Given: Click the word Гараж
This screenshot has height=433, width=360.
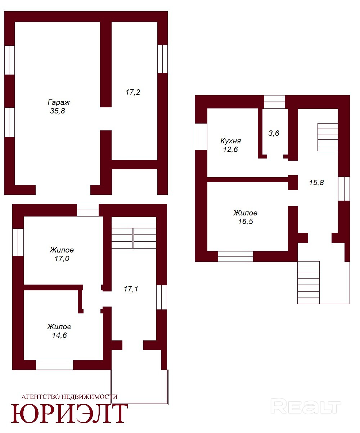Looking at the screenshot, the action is pyautogui.click(x=59, y=102).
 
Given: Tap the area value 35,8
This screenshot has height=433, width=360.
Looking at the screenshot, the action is pyautogui.click(x=57, y=111).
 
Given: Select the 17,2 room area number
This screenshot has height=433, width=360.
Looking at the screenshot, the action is pyautogui.click(x=133, y=92).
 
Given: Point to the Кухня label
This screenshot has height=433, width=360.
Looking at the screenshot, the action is pyautogui.click(x=230, y=141).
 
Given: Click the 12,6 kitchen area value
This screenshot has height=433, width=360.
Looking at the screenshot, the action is pyautogui.click(x=230, y=149).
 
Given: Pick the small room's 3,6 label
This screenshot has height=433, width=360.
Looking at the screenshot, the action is pyautogui.click(x=274, y=133).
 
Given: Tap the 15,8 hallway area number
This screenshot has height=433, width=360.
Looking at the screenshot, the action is pyautogui.click(x=316, y=183).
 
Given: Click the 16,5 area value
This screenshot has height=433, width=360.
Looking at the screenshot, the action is pyautogui.click(x=246, y=222).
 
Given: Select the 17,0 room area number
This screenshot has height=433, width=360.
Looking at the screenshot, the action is pyautogui.click(x=62, y=259).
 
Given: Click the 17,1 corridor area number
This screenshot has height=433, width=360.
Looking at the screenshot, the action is pyautogui.click(x=131, y=289).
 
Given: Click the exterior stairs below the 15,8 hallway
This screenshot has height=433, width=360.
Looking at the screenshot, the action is pyautogui.click(x=309, y=282).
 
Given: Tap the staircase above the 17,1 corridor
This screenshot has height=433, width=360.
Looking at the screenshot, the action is pyautogui.click(x=134, y=232).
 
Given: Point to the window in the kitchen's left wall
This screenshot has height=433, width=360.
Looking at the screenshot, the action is pyautogui.click(x=201, y=137).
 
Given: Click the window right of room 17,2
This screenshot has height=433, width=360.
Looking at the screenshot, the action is pyautogui.click(x=162, y=59).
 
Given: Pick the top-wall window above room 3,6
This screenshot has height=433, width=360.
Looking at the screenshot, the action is pyautogui.click(x=274, y=102).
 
